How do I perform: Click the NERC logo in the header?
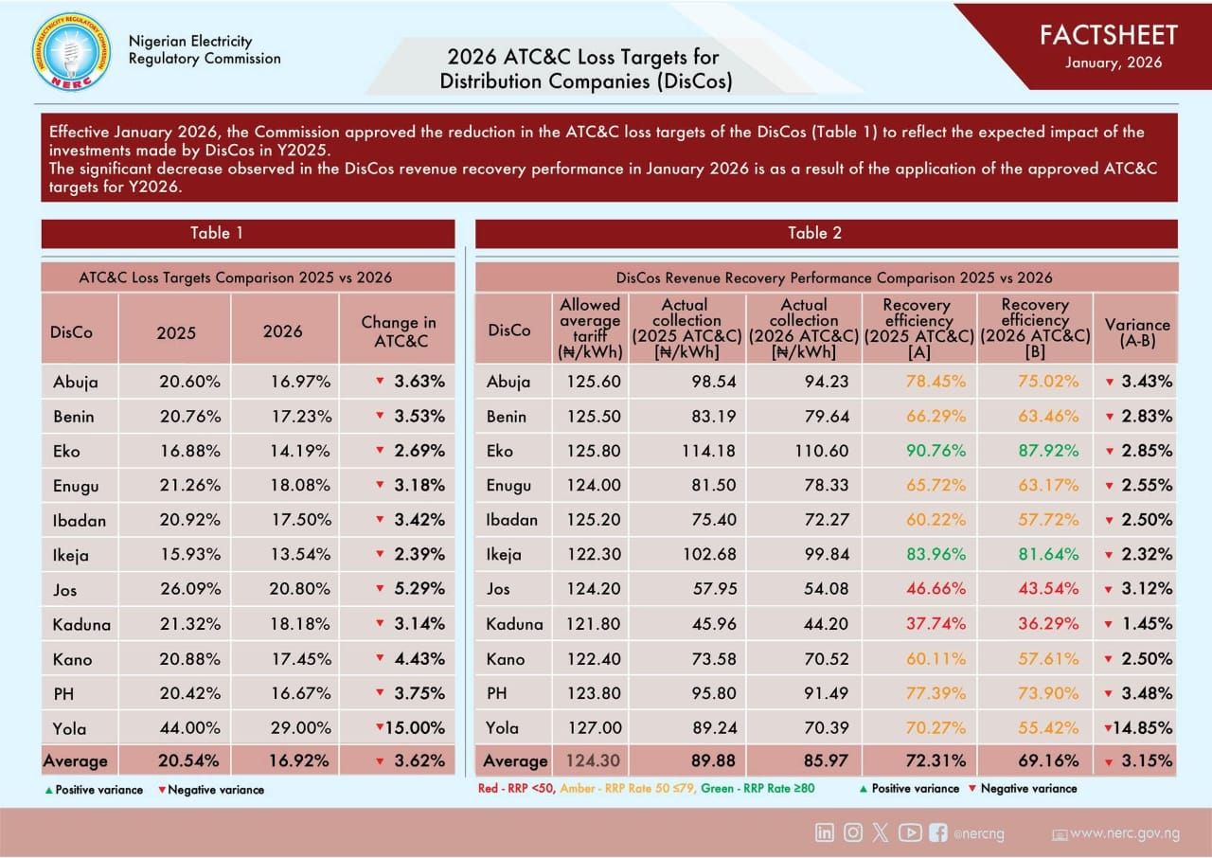[71, 52]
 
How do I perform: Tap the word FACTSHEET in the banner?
[1108, 36]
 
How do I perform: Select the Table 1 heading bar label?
[217, 233]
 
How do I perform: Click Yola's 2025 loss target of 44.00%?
[190, 728]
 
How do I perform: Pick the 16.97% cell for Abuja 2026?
[300, 382]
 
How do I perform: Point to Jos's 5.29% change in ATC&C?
[419, 589]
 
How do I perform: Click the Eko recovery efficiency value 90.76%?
[936, 451]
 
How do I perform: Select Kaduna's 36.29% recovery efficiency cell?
[1048, 624]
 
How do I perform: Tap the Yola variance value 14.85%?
[1142, 728]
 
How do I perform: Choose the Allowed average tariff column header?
[590, 329]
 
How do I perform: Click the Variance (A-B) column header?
[1137, 332]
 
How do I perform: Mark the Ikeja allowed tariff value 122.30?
[594, 555]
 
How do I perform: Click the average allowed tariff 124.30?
[593, 761]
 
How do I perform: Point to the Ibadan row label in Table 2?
[512, 520]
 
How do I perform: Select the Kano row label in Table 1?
[73, 659]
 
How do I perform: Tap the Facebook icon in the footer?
[938, 833]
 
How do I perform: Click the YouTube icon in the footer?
[910, 833]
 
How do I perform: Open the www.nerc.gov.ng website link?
[1125, 833]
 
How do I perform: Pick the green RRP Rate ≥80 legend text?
[758, 789]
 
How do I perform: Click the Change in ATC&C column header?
[400, 331]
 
